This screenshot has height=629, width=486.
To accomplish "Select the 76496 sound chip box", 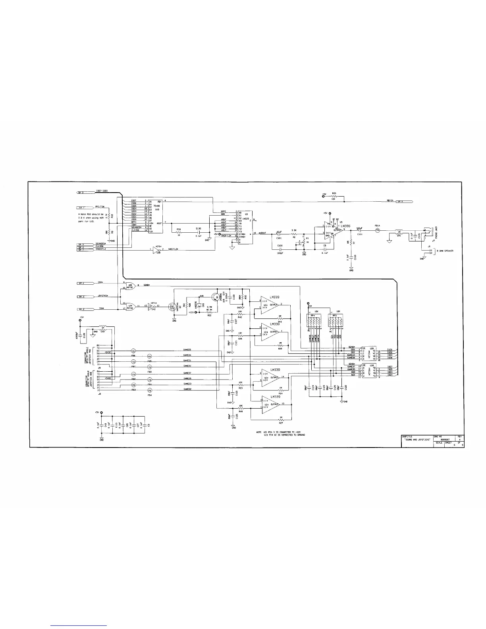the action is tap(154, 216).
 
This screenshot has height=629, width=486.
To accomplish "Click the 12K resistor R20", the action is tap(334, 196).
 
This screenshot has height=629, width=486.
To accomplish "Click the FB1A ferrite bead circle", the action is tap(378, 230).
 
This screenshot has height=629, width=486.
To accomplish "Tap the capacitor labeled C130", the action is tap(198, 233).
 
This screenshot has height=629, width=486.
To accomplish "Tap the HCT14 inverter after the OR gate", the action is tap(152, 306).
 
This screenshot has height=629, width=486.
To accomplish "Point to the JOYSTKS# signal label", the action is tap(103, 296).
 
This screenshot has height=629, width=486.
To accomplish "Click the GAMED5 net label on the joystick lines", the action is tap(187, 349).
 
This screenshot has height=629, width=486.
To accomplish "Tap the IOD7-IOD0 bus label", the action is tap(102, 191).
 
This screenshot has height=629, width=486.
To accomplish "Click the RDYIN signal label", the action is tap(390, 201).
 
